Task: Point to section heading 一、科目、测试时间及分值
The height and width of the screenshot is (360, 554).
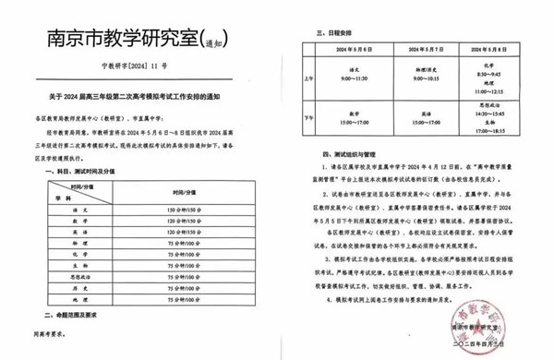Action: pos(83,172)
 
